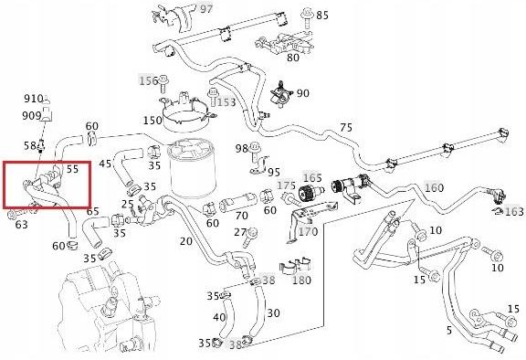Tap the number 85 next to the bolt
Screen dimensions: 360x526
(x=322, y=16)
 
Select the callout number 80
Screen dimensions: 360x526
(x=292, y=58)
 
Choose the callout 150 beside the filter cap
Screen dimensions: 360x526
(x=152, y=121)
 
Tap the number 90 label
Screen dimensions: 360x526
(x=302, y=93)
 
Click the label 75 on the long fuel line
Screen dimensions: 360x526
(x=345, y=127)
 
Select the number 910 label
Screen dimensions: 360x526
(x=33, y=99)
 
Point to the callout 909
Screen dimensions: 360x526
(x=33, y=115)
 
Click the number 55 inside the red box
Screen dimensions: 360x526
(x=72, y=169)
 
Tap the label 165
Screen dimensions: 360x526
(x=312, y=178)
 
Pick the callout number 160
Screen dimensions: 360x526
(x=434, y=187)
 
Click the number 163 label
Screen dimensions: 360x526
(x=514, y=211)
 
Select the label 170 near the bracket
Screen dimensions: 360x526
(x=308, y=231)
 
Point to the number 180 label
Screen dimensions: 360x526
(x=300, y=280)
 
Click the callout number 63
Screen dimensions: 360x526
(x=21, y=224)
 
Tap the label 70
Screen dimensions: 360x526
(x=241, y=217)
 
